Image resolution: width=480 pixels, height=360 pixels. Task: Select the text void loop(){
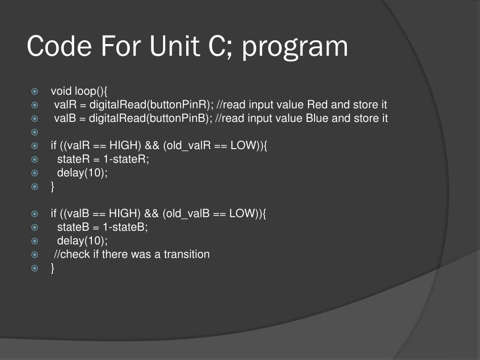[80, 91]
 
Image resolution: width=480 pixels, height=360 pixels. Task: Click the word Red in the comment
[317, 105]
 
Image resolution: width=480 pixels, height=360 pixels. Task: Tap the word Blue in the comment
[317, 118]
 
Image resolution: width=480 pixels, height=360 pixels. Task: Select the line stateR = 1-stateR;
[103, 159]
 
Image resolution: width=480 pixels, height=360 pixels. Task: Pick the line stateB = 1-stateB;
[103, 227]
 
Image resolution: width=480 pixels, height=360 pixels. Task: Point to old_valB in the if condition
[187, 214]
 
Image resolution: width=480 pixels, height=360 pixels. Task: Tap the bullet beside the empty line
[35, 132]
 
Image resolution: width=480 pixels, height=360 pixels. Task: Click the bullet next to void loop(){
[35, 91]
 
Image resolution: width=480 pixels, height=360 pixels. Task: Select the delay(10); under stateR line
[82, 172]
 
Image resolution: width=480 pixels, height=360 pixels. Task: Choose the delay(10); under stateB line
[82, 241]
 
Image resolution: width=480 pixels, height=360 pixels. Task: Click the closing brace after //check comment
[53, 268]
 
